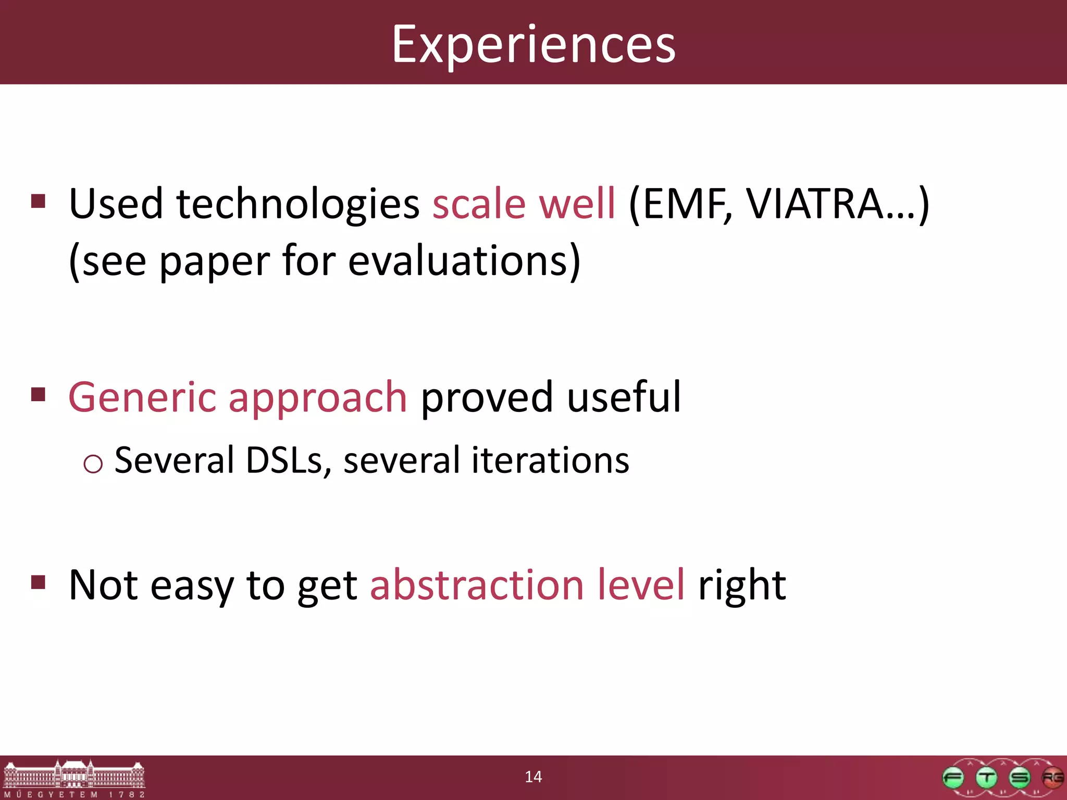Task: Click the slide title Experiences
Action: (533, 45)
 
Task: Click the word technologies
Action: (298, 204)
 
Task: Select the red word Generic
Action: (142, 398)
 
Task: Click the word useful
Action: (623, 397)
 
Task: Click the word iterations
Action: (550, 460)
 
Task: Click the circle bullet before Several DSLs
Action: (93, 464)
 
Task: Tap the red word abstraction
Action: (476, 585)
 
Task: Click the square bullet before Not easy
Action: (38, 581)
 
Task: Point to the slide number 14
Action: (533, 777)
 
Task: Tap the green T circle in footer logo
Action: (986, 778)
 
